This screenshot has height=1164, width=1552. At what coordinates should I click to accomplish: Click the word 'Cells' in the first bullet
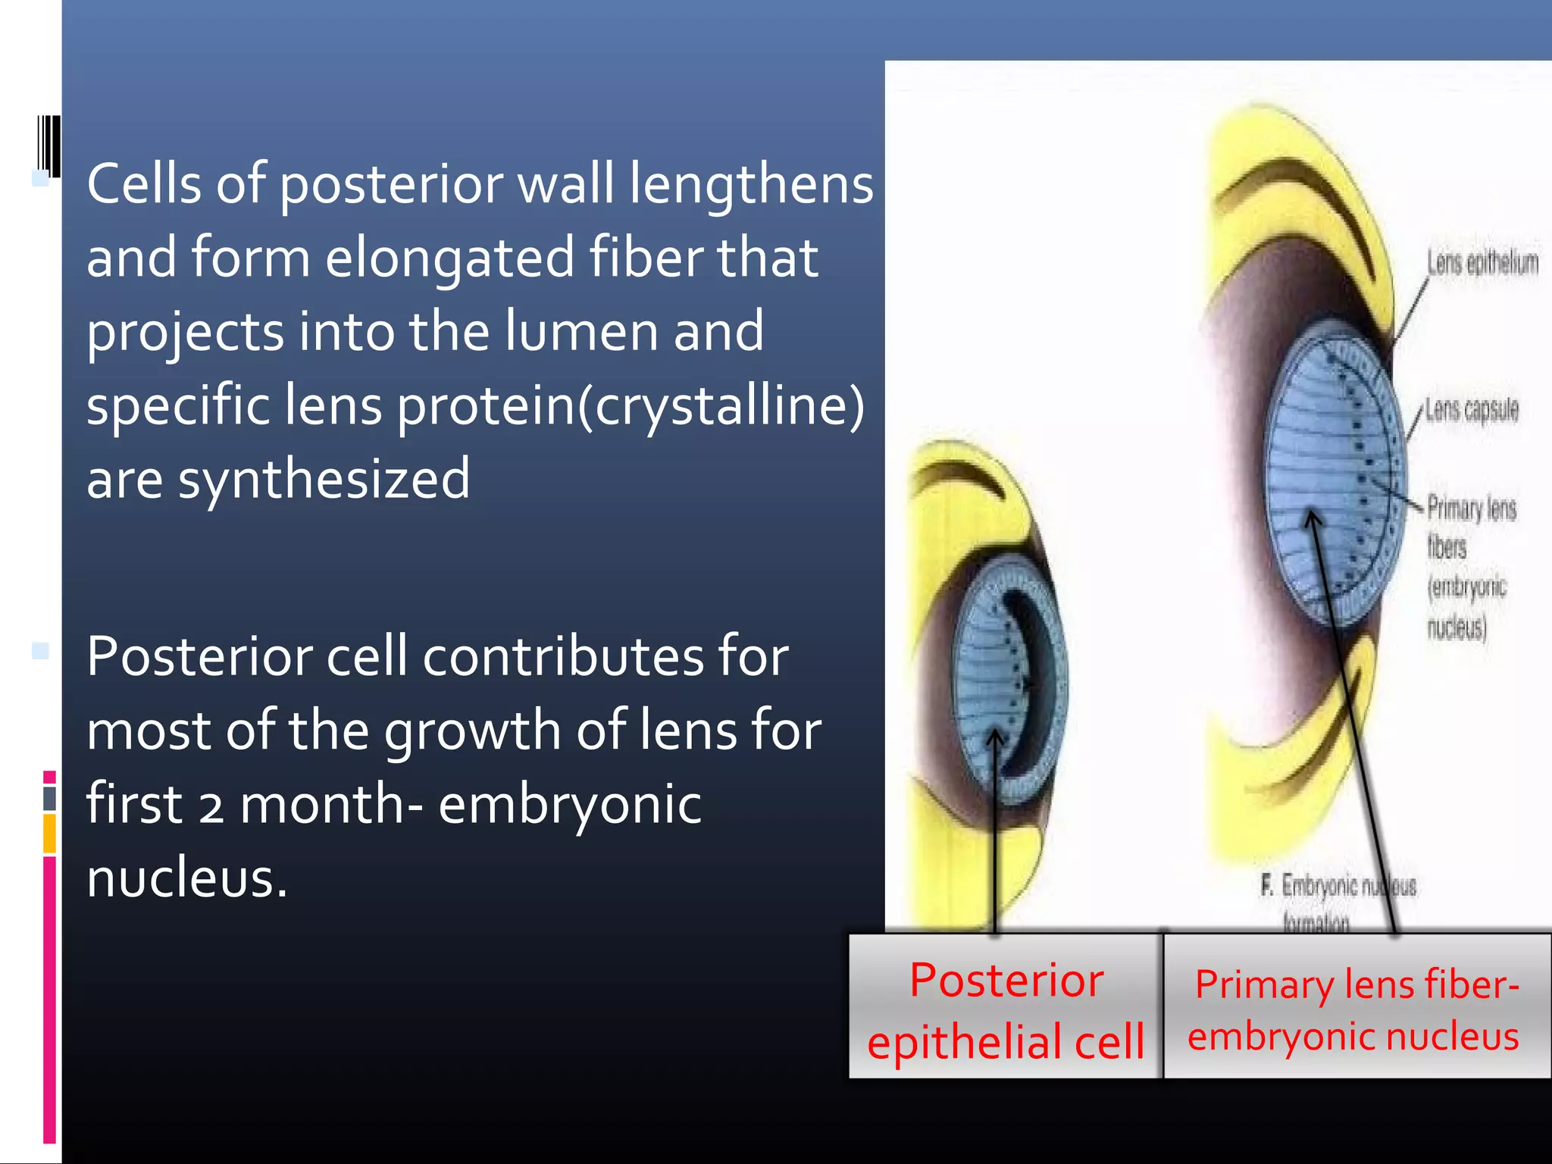[x=144, y=184]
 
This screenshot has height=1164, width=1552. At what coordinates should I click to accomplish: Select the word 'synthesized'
[x=324, y=480]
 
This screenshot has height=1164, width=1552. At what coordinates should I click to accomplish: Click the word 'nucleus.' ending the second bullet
[x=187, y=878]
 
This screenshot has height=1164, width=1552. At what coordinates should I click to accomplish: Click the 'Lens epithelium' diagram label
[x=1482, y=263]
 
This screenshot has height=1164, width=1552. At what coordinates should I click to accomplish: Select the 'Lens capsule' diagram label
[x=1472, y=409]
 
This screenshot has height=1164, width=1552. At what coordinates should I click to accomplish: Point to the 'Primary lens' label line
[x=1472, y=508]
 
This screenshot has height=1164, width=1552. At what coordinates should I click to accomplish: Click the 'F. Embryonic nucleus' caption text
[x=1338, y=886]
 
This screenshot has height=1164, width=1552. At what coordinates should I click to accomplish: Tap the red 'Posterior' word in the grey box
[x=1006, y=981]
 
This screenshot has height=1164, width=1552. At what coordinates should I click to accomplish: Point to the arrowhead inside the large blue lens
[x=1313, y=518]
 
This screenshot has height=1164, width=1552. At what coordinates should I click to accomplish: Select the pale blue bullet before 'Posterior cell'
[x=40, y=650]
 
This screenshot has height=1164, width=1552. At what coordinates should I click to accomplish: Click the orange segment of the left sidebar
[x=49, y=833]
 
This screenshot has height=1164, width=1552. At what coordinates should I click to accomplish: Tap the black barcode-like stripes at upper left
[x=49, y=145]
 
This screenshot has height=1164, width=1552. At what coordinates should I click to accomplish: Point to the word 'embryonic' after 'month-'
[x=570, y=805]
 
